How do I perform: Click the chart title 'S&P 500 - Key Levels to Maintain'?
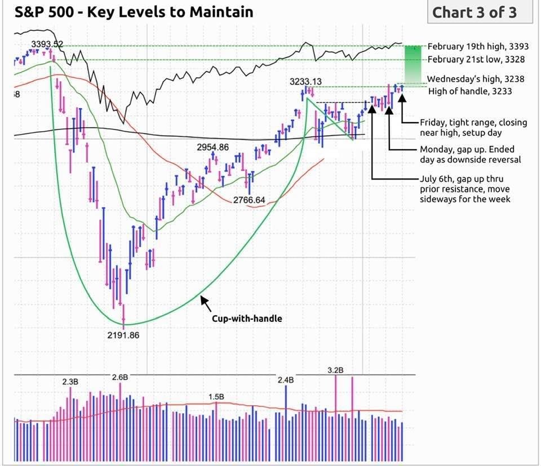[x=134, y=12]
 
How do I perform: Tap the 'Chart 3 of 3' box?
[x=480, y=12]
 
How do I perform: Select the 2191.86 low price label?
[x=123, y=335]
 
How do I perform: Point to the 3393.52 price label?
[x=47, y=44]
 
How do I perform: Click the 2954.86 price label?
[x=213, y=147]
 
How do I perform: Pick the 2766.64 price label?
[x=249, y=200]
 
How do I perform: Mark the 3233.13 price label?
[x=305, y=82]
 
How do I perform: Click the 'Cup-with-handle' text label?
[x=247, y=319]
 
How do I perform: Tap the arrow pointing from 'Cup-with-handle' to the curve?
[x=206, y=303]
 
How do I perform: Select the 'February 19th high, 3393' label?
[x=478, y=47]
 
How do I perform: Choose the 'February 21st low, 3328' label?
[x=476, y=59]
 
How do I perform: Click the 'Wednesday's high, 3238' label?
[x=476, y=79]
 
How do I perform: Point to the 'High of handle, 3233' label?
[x=470, y=91]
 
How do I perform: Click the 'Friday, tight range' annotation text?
[x=473, y=128]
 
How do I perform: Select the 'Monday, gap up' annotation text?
[x=471, y=154]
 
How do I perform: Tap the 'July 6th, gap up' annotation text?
[x=465, y=189]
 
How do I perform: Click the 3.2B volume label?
[x=335, y=370]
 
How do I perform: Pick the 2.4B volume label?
[x=286, y=380]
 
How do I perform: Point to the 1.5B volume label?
[x=216, y=397]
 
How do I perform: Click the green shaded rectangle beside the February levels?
[x=413, y=65]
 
